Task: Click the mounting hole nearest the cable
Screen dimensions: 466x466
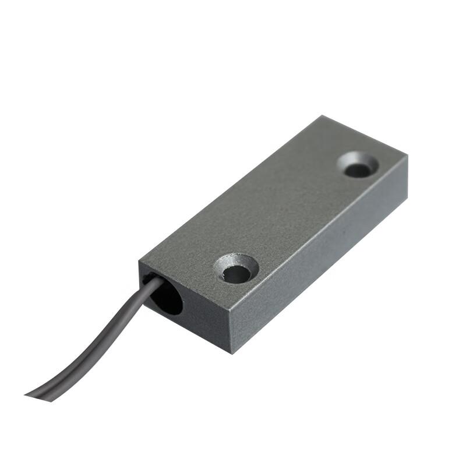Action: pos(236,273)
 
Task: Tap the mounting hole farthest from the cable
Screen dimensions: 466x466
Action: pos(358,170)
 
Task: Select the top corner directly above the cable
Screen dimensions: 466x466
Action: pos(140,264)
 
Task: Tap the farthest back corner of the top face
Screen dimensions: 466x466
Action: pos(320,116)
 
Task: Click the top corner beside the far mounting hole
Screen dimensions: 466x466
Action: pos(407,156)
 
